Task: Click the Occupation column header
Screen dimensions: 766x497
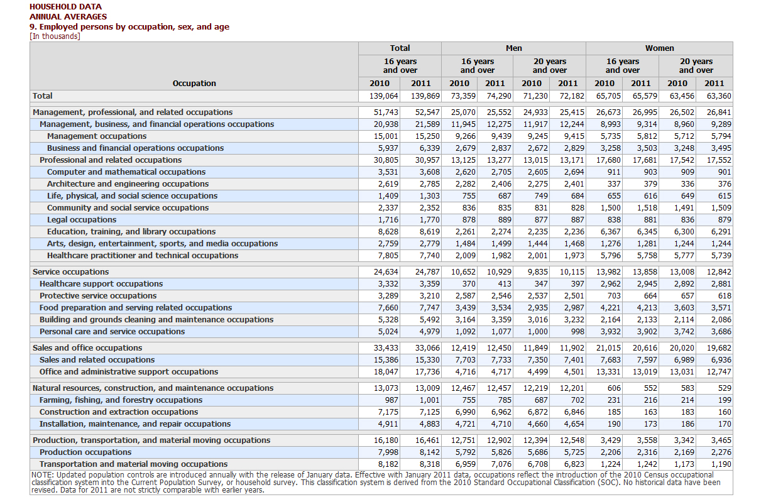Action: click(194, 84)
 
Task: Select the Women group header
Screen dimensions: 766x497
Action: click(659, 48)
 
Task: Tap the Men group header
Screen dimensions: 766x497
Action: click(513, 48)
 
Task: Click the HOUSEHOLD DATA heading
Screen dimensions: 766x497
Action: click(65, 7)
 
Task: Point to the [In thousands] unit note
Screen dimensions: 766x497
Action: click(55, 36)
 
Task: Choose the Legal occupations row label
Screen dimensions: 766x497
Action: click(82, 219)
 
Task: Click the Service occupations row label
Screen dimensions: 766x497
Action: click(71, 271)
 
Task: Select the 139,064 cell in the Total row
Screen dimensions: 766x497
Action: click(384, 96)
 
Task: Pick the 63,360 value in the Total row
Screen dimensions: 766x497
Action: click(719, 96)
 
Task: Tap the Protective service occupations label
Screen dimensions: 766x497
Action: click(98, 296)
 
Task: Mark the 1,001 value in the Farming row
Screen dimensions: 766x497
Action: click(430, 400)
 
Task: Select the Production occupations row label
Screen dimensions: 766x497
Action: click(85, 452)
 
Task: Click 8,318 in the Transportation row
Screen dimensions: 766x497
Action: click(430, 464)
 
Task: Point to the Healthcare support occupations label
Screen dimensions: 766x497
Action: click(101, 284)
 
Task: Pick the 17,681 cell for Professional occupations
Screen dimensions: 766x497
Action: click(645, 160)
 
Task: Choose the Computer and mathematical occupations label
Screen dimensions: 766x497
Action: click(126, 172)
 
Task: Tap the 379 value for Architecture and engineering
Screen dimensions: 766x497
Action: click(650, 184)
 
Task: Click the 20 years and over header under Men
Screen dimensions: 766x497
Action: click(550, 65)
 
